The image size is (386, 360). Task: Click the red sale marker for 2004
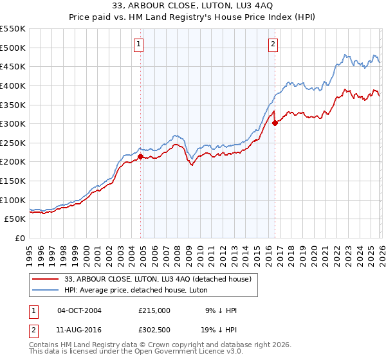pyautogui.click(x=140, y=156)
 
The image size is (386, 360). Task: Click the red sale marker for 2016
pyautogui.click(x=275, y=122)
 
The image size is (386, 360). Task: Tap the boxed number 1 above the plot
pyautogui.click(x=139, y=44)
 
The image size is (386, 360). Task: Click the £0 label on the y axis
pyautogui.click(x=19, y=238)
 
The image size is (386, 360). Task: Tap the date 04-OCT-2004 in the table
pyautogui.click(x=79, y=310)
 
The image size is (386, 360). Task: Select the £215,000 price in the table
pyautogui.click(x=154, y=310)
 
